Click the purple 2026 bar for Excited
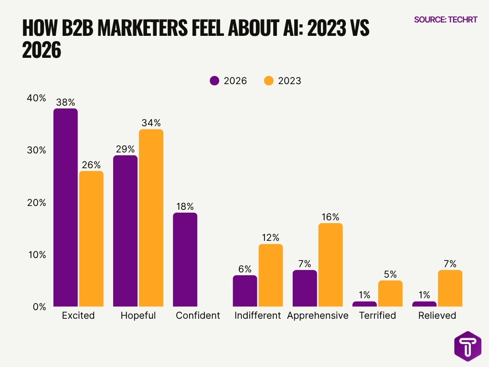(65, 207)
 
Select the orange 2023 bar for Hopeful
(151, 218)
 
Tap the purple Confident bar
(185, 259)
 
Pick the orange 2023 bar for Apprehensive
(330, 265)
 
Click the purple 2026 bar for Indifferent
(244, 291)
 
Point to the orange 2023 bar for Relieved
(450, 288)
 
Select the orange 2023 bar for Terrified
(390, 293)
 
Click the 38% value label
(65, 102)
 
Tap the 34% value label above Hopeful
(151, 122)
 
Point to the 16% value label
(330, 216)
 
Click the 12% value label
(270, 237)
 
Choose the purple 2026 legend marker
(214, 81)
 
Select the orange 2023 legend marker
(269, 81)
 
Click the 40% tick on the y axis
(36, 98)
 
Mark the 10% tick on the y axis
(36, 254)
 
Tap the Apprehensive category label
(318, 315)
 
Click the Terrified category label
(377, 315)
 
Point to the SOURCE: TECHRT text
(445, 20)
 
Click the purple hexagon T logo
(468, 346)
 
